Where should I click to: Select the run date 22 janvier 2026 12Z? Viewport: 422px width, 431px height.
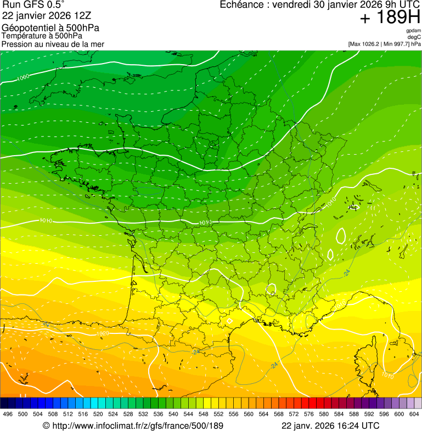(47, 16)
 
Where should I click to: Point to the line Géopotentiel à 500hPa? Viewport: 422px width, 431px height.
(50, 28)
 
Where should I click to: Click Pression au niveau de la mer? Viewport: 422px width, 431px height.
(53, 44)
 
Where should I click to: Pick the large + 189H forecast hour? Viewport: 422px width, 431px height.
(390, 18)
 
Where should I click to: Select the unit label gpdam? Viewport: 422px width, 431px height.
(413, 31)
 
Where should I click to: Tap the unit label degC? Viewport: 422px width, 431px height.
(414, 37)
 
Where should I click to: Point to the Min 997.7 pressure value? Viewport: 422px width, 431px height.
(396, 44)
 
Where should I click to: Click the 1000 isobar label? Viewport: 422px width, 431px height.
(23, 78)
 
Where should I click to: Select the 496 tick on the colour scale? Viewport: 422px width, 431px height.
(8, 414)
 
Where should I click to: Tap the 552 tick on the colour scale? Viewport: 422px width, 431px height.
(218, 414)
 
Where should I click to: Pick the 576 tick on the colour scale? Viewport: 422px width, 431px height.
(308, 414)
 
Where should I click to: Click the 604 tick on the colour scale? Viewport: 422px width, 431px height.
(414, 414)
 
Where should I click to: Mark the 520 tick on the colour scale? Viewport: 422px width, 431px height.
(98, 414)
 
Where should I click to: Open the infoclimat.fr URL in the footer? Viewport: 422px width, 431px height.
(133, 426)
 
